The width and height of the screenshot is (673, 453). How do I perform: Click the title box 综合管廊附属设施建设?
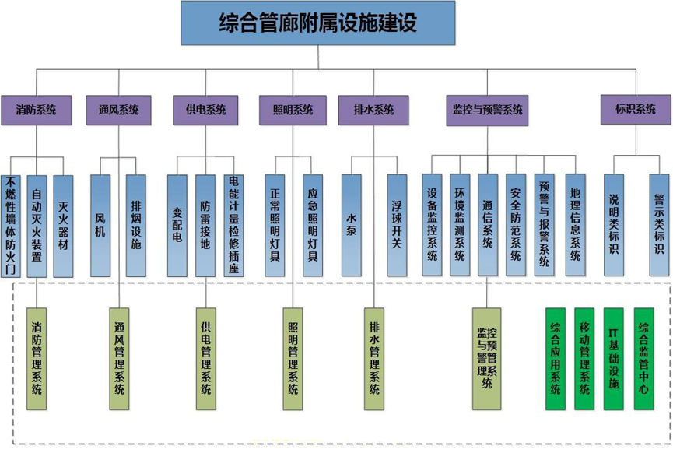pyautogui.click(x=317, y=23)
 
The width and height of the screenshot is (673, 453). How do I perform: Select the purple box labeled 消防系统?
pyautogui.click(x=37, y=110)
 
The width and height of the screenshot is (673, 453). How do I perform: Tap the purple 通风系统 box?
pyautogui.click(x=119, y=110)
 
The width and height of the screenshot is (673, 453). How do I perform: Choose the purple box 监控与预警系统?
pyautogui.click(x=487, y=110)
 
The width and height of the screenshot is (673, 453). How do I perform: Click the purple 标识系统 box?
pyautogui.click(x=636, y=110)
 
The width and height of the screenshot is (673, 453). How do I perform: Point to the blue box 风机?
pyautogui.click(x=100, y=226)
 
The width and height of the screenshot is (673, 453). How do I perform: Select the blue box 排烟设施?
pyautogui.click(x=136, y=226)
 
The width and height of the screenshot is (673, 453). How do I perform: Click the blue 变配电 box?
pyautogui.click(x=177, y=226)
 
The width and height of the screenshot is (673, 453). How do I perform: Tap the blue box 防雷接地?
pyautogui.click(x=205, y=226)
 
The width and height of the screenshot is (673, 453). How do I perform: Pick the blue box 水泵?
pyautogui.click(x=351, y=226)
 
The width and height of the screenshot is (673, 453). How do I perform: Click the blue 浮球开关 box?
pyautogui.click(x=397, y=226)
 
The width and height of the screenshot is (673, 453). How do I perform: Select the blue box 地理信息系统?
pyautogui.click(x=575, y=226)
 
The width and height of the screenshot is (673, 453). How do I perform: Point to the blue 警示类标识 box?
pyautogui.click(x=659, y=226)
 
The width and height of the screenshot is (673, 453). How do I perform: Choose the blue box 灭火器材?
pyautogui.click(x=63, y=226)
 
